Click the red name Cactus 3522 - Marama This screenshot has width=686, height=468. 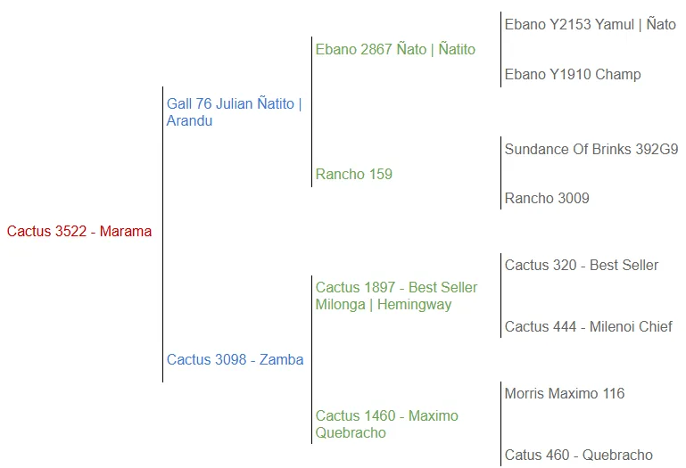pos(79,232)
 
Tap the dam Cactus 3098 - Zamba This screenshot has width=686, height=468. pos(235,360)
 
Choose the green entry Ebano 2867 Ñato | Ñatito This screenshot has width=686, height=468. pos(395,50)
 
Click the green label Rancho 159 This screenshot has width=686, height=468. pos(353,174)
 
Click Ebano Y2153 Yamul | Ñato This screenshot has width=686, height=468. pos(590,25)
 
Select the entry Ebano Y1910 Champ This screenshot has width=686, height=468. pos(572,75)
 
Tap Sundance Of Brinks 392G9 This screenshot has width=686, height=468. pos(591,150)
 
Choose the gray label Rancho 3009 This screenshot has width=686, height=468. pos(547,199)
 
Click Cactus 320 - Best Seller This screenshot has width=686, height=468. pos(581,266)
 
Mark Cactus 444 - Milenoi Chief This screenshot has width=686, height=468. pos(588,327)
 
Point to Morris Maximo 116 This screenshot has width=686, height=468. pos(564,394)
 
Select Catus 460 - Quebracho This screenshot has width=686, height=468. pos(578,456)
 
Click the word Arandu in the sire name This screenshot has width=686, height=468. pos(189,121)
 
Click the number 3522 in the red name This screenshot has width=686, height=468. pos(71,232)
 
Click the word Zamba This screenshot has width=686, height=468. pos(281,360)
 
